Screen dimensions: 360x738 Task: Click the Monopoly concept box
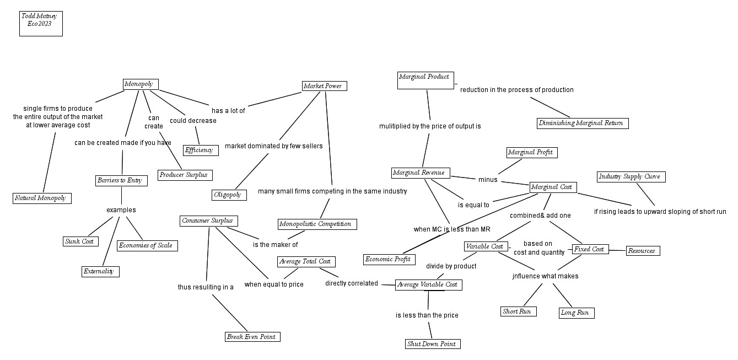tap(141, 84)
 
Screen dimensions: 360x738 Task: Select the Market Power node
tap(325, 86)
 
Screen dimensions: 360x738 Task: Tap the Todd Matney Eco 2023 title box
tap(41, 24)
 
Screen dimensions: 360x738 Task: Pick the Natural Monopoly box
tap(42, 198)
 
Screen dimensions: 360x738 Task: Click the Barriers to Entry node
tap(121, 180)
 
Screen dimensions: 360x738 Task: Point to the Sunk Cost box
tap(80, 241)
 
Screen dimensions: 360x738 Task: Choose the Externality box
tap(100, 271)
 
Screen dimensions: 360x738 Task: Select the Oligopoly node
tap(228, 195)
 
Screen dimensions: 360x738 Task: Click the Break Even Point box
tap(252, 336)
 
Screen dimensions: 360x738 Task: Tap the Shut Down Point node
tap(432, 344)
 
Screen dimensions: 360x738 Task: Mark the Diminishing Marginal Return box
tap(583, 123)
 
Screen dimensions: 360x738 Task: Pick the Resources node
tap(642, 251)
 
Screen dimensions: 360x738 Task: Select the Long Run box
tap(576, 313)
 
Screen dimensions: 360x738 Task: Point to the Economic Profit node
tap(390, 259)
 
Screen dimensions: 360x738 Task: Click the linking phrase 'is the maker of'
tap(276, 245)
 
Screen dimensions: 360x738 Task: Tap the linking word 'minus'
tap(488, 180)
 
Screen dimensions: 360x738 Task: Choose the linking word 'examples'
tap(121, 210)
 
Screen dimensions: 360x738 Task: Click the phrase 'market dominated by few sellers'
tap(274, 146)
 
